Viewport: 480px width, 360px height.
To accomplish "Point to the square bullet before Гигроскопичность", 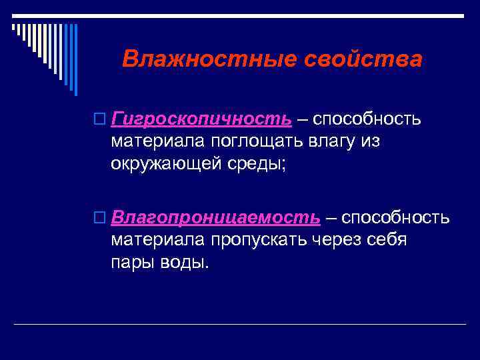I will tap(100, 120).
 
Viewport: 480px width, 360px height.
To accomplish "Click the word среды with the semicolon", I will tap(261, 163).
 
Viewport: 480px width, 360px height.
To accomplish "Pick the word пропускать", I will tap(260, 240).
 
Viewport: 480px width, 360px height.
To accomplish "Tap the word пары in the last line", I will tap(133, 262).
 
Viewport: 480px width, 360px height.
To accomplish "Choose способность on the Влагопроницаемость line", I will tap(396, 218).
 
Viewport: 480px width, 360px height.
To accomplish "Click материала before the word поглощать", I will tap(158, 141).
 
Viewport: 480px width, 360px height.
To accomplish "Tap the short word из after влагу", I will tap(371, 141).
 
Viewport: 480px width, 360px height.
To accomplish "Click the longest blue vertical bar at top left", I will tap(75, 60).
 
